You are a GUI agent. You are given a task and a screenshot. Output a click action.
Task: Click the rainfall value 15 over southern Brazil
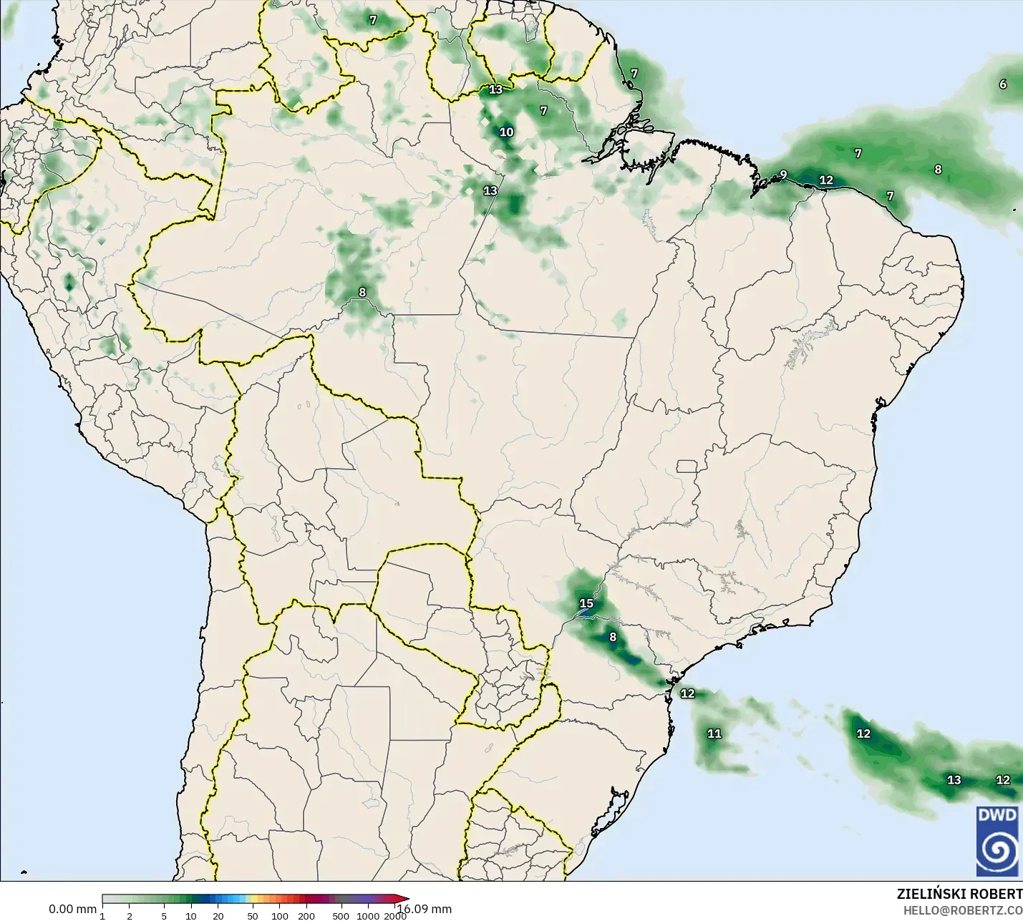pyautogui.click(x=586, y=603)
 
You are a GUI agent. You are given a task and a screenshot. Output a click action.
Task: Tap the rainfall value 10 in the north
pyautogui.click(x=506, y=132)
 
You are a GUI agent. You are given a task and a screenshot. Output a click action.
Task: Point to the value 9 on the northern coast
pyautogui.click(x=783, y=175)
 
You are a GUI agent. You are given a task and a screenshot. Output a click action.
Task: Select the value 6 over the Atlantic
pyautogui.click(x=1003, y=84)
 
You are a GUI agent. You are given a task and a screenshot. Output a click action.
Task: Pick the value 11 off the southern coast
pyautogui.click(x=714, y=734)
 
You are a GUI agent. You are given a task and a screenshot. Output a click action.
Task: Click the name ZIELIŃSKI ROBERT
pyautogui.click(x=959, y=894)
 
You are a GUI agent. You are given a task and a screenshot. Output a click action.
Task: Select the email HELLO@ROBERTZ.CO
pyautogui.click(x=962, y=910)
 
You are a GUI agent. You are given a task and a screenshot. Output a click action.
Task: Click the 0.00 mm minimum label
pyautogui.click(x=72, y=909)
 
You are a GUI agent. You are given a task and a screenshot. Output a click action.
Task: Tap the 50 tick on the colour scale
pyautogui.click(x=253, y=915)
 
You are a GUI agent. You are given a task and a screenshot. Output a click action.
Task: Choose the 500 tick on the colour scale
pyautogui.click(x=341, y=915)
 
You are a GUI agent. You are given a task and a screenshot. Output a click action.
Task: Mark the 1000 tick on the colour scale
pyautogui.click(x=368, y=915)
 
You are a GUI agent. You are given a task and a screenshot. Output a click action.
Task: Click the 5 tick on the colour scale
pyautogui.click(x=164, y=915)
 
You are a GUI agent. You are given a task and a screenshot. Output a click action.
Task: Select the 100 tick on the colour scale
pyautogui.click(x=280, y=915)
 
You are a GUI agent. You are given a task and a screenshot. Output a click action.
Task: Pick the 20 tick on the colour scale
pyautogui.click(x=218, y=915)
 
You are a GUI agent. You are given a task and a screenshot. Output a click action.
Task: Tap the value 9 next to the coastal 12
pyautogui.click(x=783, y=175)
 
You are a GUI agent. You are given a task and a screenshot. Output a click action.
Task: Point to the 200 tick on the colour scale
pyautogui.click(x=306, y=915)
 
